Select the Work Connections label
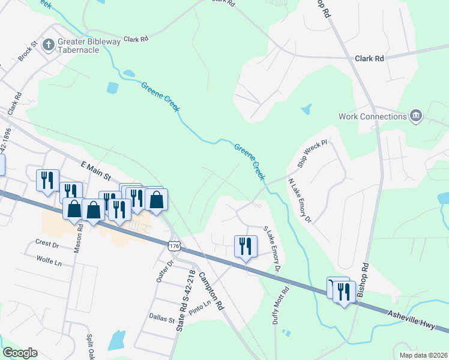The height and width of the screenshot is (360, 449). (x=373, y=116)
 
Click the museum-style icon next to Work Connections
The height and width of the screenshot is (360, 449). (x=415, y=116)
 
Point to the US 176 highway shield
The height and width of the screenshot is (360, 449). (x=174, y=246)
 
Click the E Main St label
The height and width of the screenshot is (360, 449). (x=97, y=170)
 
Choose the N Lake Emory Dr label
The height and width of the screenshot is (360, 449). (x=300, y=200)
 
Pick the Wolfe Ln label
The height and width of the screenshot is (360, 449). (x=49, y=262)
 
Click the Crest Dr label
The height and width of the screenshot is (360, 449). (x=47, y=245)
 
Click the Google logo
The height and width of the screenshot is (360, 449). (x=20, y=353)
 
